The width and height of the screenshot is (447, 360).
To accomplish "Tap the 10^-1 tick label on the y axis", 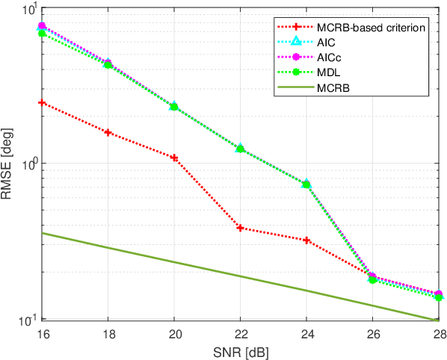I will (27, 320).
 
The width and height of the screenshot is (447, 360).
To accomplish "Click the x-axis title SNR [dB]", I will (240, 349).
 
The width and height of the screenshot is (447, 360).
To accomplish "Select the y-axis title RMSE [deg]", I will (9, 164).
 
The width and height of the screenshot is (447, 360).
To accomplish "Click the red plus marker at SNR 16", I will (43, 103).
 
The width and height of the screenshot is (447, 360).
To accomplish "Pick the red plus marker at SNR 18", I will (108, 133).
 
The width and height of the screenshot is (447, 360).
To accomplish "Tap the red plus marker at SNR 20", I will (174, 158).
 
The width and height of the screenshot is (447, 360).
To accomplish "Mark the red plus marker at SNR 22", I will (240, 228).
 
